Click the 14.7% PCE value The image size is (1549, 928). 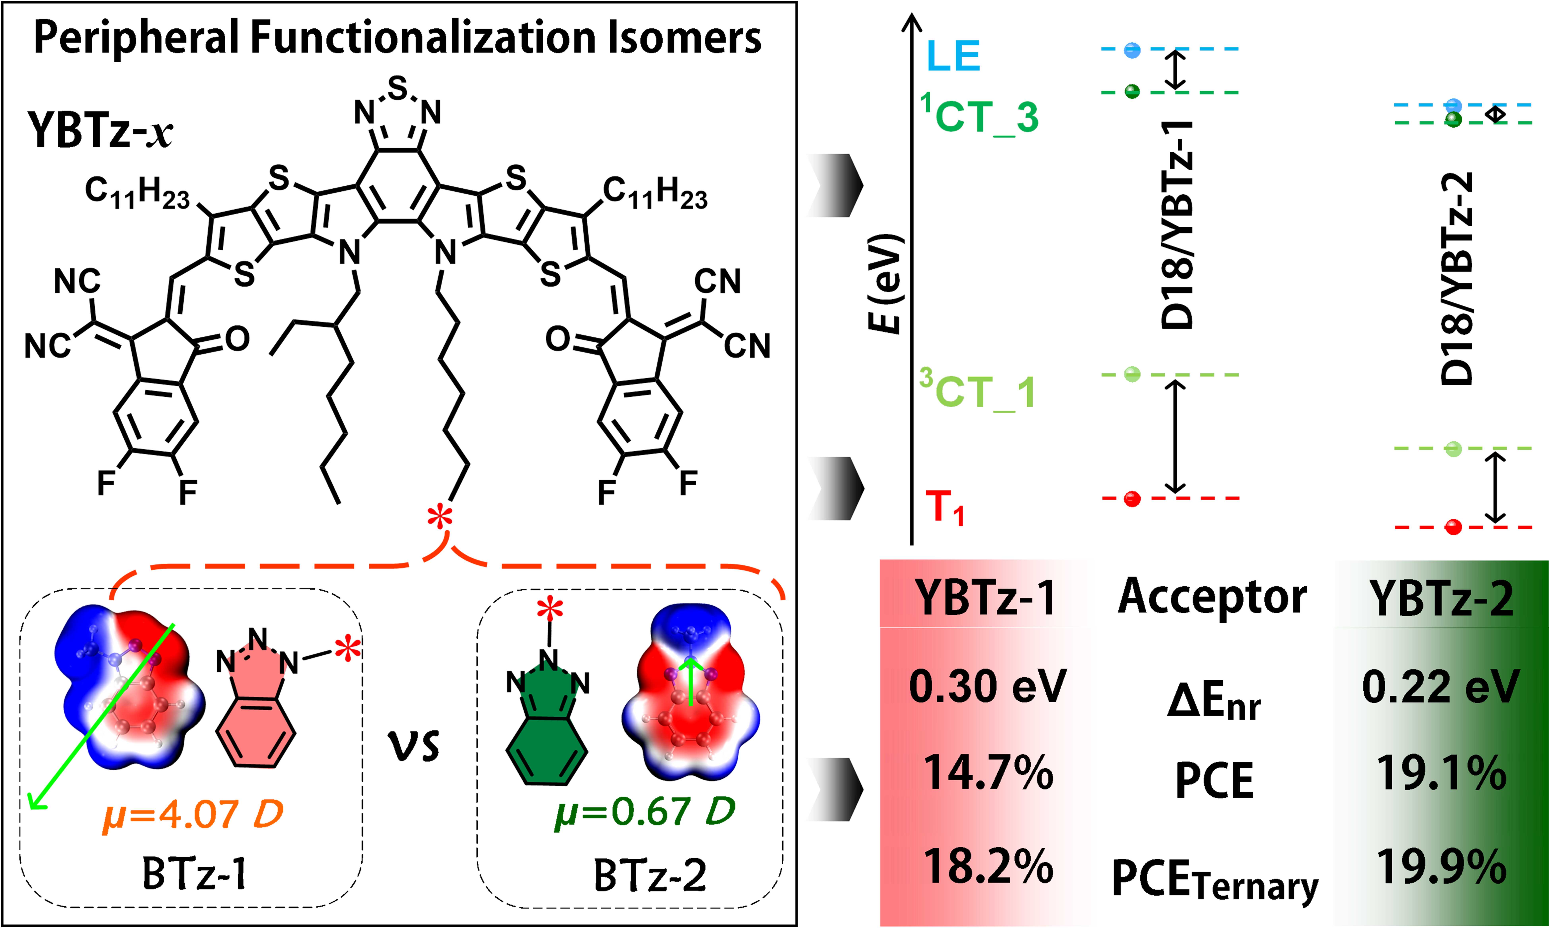click(988, 773)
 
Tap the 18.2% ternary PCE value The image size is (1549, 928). click(988, 867)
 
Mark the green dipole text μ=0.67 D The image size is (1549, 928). click(644, 811)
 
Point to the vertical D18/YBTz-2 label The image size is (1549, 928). click(1457, 278)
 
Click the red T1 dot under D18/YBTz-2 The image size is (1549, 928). click(1453, 527)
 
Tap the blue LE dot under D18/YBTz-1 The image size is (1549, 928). click(1132, 50)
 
